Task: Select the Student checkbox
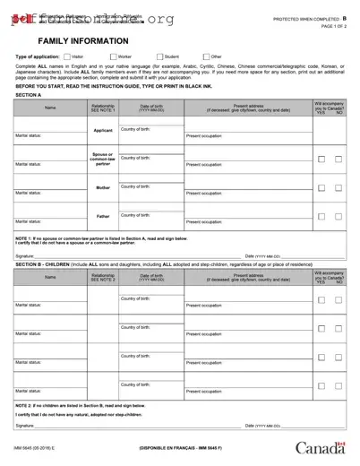tap(158, 56)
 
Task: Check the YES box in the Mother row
tap(321, 188)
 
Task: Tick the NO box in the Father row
tap(339, 217)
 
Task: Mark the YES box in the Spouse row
tap(321, 160)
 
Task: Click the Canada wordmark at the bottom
tap(321, 448)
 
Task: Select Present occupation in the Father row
tap(204, 221)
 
